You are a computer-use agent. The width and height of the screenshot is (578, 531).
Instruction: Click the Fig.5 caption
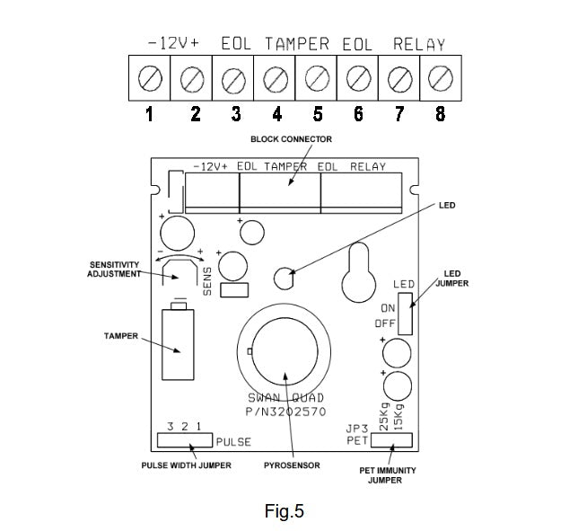click(285, 512)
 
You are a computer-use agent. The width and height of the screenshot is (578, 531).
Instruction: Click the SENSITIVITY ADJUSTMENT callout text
click(114, 269)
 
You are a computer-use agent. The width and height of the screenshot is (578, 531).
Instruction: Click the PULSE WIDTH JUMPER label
click(186, 465)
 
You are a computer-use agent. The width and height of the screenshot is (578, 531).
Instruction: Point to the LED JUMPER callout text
click(453, 277)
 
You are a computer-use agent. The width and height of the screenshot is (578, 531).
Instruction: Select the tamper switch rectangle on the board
click(177, 346)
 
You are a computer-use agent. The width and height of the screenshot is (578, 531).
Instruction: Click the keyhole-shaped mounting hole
click(357, 279)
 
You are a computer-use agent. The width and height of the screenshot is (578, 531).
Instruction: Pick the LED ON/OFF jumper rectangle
click(406, 312)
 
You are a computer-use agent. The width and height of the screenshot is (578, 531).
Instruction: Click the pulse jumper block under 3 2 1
click(185, 440)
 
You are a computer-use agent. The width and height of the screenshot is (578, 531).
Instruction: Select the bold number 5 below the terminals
click(318, 114)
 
